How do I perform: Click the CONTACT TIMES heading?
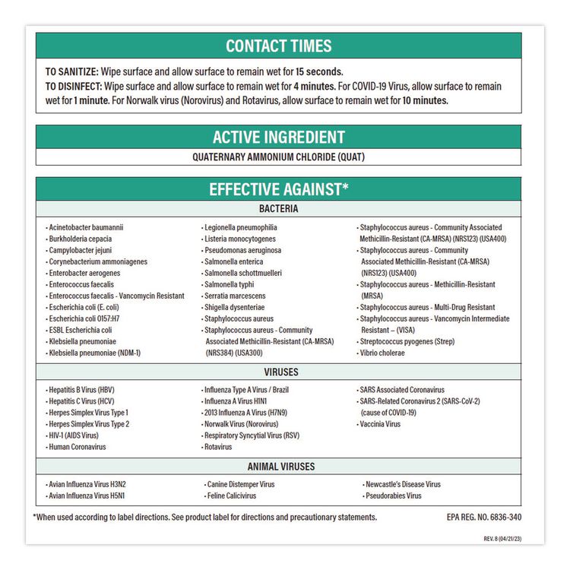278,46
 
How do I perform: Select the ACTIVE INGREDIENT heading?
278,138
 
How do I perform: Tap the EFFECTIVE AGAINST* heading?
278,189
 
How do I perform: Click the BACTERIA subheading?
278,209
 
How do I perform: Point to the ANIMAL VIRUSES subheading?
280,467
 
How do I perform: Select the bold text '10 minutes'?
425,100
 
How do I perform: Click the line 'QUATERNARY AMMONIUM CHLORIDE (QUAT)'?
278,157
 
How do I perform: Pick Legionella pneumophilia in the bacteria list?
240,227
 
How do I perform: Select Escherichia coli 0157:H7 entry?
84,318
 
